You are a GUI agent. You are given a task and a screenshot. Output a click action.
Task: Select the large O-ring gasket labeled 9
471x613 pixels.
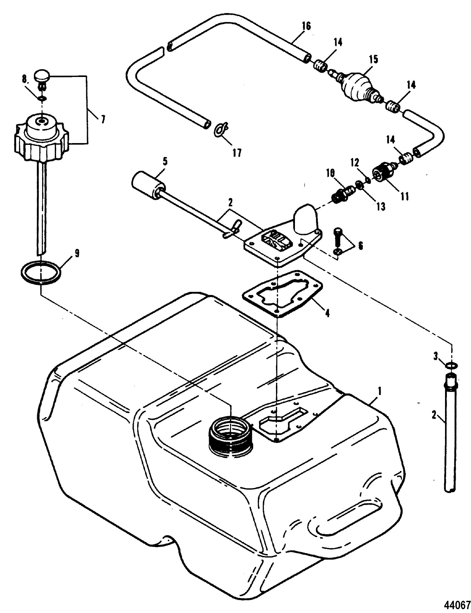[41, 272]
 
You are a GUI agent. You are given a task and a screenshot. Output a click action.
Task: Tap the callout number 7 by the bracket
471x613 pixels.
[103, 120]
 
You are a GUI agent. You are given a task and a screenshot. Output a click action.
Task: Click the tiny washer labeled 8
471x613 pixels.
[42, 98]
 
